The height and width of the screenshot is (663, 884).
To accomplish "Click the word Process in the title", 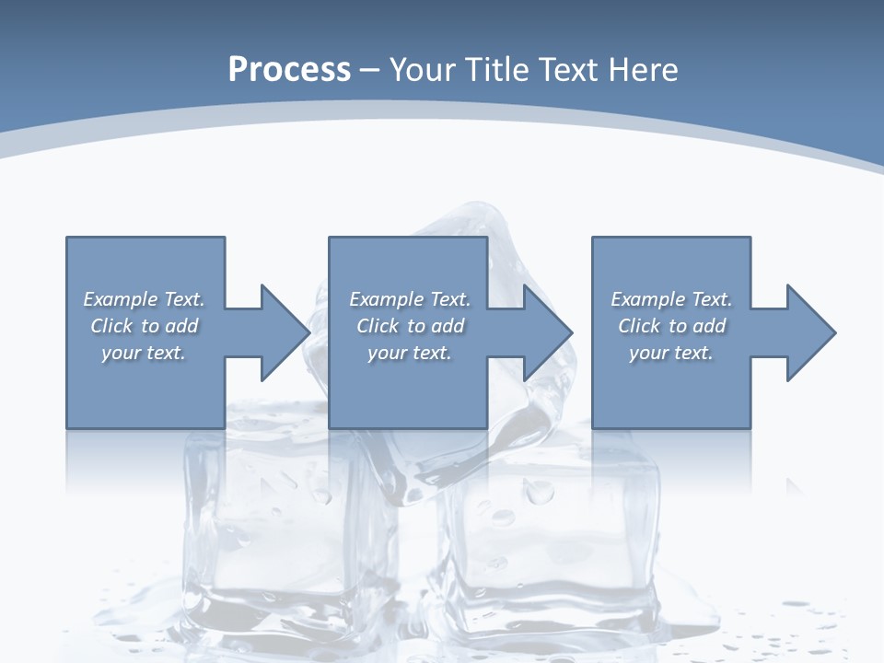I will [289, 70].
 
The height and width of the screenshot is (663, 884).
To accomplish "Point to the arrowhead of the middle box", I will [547, 332].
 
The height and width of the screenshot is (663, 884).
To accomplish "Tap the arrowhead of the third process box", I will [810, 332].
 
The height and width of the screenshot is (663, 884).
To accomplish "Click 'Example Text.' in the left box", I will [144, 299].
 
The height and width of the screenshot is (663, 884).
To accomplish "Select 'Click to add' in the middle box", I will [410, 326].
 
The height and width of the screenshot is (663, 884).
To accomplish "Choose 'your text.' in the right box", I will [671, 353].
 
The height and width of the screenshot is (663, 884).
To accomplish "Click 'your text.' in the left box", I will [144, 353].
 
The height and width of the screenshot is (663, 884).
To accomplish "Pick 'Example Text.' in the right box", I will [671, 299].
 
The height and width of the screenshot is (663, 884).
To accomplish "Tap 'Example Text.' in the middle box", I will [410, 299].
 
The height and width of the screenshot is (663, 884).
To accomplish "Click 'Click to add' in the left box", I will [144, 326].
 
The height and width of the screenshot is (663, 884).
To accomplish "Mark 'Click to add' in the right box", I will [671, 326].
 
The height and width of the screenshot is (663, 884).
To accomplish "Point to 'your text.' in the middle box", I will [410, 353].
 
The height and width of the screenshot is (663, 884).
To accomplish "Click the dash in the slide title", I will [370, 70].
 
